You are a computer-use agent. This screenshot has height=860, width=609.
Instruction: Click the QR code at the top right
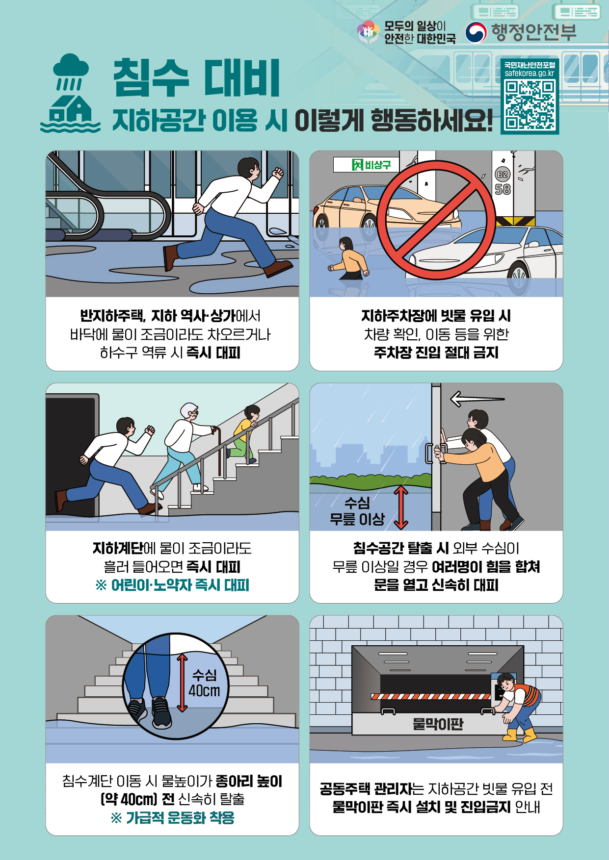point(530,105)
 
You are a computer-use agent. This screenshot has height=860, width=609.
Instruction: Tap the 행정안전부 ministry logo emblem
point(476,32)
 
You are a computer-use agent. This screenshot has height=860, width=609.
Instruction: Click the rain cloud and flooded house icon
point(71,93)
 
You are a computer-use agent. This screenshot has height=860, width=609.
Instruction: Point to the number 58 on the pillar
point(503,189)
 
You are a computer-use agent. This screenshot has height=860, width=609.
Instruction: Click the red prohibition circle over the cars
point(436,220)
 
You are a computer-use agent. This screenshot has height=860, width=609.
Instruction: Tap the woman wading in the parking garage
point(349,258)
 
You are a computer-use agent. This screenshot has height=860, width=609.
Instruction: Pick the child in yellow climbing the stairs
point(244,434)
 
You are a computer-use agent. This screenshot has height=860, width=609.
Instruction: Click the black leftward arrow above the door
point(477,399)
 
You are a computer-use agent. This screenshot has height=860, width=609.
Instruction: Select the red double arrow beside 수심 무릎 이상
point(401,507)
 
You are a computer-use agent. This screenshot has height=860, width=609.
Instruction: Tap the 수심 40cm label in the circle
point(205,683)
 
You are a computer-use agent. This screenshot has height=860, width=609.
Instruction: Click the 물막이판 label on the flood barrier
point(438,724)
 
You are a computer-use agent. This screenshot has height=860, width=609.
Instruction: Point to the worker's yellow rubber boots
point(520,734)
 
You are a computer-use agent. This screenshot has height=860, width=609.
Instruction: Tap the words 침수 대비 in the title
point(196,77)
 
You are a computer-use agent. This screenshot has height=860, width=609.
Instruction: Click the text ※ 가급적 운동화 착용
point(172,817)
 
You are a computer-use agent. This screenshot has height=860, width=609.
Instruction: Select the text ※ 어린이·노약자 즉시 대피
point(172,585)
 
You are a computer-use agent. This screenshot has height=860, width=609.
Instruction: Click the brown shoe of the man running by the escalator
point(278,268)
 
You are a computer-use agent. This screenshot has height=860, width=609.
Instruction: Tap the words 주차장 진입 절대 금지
point(436,353)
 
